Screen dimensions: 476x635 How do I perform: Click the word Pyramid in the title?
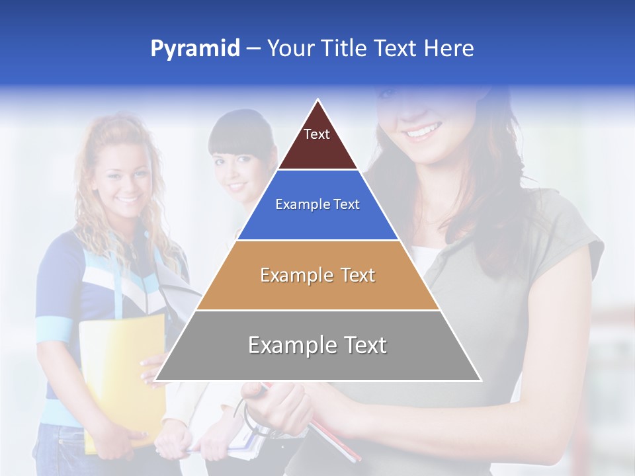[194, 49]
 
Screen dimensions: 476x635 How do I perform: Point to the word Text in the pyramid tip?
[317, 134]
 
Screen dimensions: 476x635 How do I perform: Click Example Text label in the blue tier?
[317, 204]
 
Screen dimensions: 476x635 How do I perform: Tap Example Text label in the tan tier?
[317, 275]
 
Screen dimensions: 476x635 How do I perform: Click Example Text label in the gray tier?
[317, 345]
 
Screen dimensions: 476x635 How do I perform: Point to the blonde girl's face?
[122, 178]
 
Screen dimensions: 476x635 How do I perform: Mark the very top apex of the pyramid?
[318, 101]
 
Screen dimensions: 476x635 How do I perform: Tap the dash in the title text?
[253, 49]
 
